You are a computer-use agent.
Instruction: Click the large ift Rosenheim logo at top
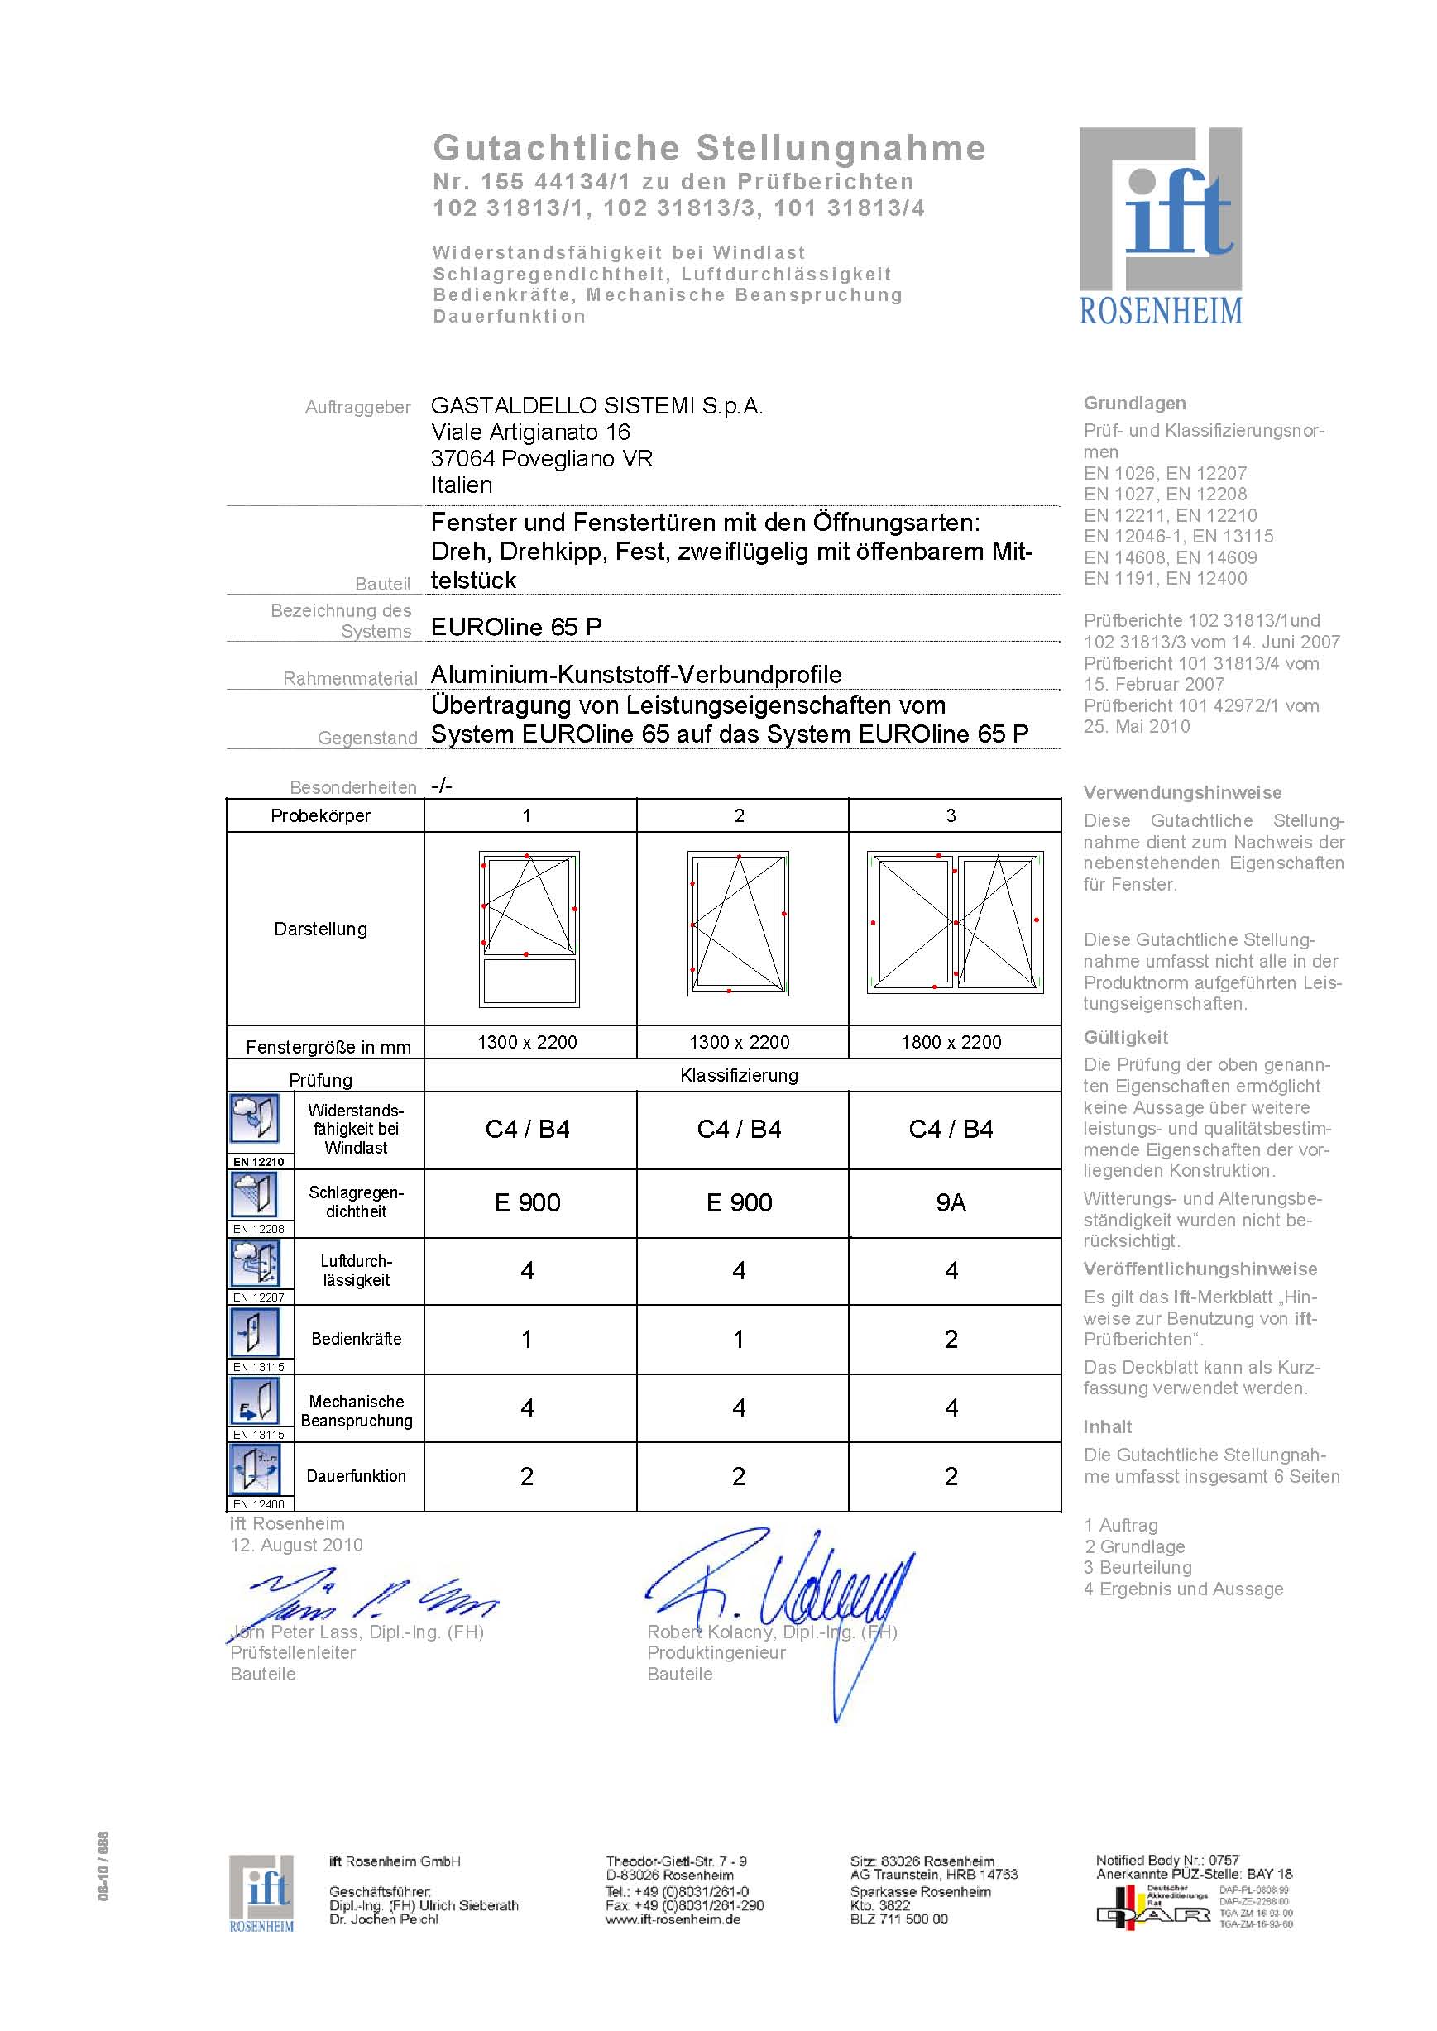pyautogui.click(x=1160, y=226)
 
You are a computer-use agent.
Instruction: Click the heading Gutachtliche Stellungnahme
pyautogui.click(x=709, y=148)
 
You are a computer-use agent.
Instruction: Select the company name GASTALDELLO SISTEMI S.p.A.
pyautogui.click(x=596, y=406)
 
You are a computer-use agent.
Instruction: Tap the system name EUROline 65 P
pyautogui.click(x=516, y=626)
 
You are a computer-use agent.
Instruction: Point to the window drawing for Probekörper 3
pyautogui.click(x=955, y=923)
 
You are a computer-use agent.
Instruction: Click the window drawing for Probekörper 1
pyautogui.click(x=529, y=929)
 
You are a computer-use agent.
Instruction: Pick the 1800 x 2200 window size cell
pyautogui.click(x=951, y=1042)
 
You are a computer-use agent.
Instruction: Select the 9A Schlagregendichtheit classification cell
pyautogui.click(x=951, y=1202)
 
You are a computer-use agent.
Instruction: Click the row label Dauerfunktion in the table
pyautogui.click(x=356, y=1475)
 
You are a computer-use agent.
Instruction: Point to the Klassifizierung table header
pyautogui.click(x=739, y=1075)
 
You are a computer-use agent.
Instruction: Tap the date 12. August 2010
pyautogui.click(x=296, y=1545)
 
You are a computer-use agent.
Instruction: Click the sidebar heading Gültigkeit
pyautogui.click(x=1126, y=1037)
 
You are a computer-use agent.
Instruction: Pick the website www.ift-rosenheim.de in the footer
pyautogui.click(x=673, y=1919)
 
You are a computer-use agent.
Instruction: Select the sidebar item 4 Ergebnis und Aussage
pyautogui.click(x=1183, y=1589)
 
